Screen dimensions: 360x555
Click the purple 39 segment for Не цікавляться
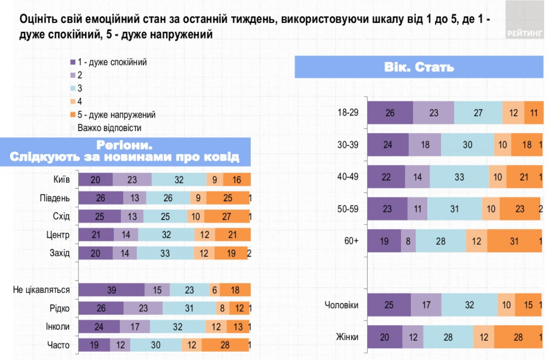point(112,290)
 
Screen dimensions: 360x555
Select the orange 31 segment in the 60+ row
point(514,241)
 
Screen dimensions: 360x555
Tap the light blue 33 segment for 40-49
point(459,177)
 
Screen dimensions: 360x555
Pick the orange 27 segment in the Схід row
point(226,216)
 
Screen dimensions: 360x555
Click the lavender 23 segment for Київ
point(132,180)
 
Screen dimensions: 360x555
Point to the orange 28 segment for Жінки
point(518,337)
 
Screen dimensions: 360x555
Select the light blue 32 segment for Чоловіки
point(469,305)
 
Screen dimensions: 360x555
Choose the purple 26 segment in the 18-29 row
point(390,113)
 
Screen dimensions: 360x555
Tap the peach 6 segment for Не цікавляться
point(214,290)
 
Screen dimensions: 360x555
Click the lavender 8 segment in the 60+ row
point(408,241)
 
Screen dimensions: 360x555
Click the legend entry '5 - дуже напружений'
point(116,115)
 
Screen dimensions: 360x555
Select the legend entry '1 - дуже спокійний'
point(112,62)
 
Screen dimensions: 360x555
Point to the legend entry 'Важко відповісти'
point(109,128)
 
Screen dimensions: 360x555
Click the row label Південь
point(55,198)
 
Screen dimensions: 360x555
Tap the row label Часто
point(58,345)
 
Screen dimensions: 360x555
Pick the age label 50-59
point(348,209)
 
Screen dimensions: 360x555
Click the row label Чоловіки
point(341,305)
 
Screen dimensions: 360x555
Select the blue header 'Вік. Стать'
point(419,67)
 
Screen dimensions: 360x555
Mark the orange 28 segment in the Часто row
point(225,345)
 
